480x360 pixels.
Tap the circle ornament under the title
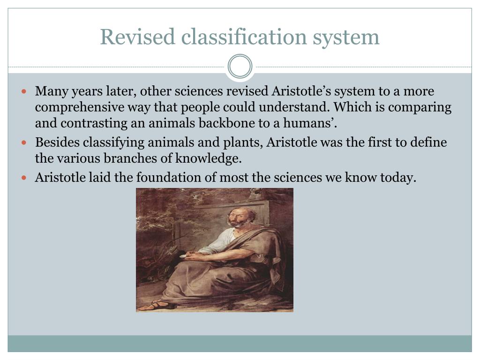[x=240, y=66]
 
